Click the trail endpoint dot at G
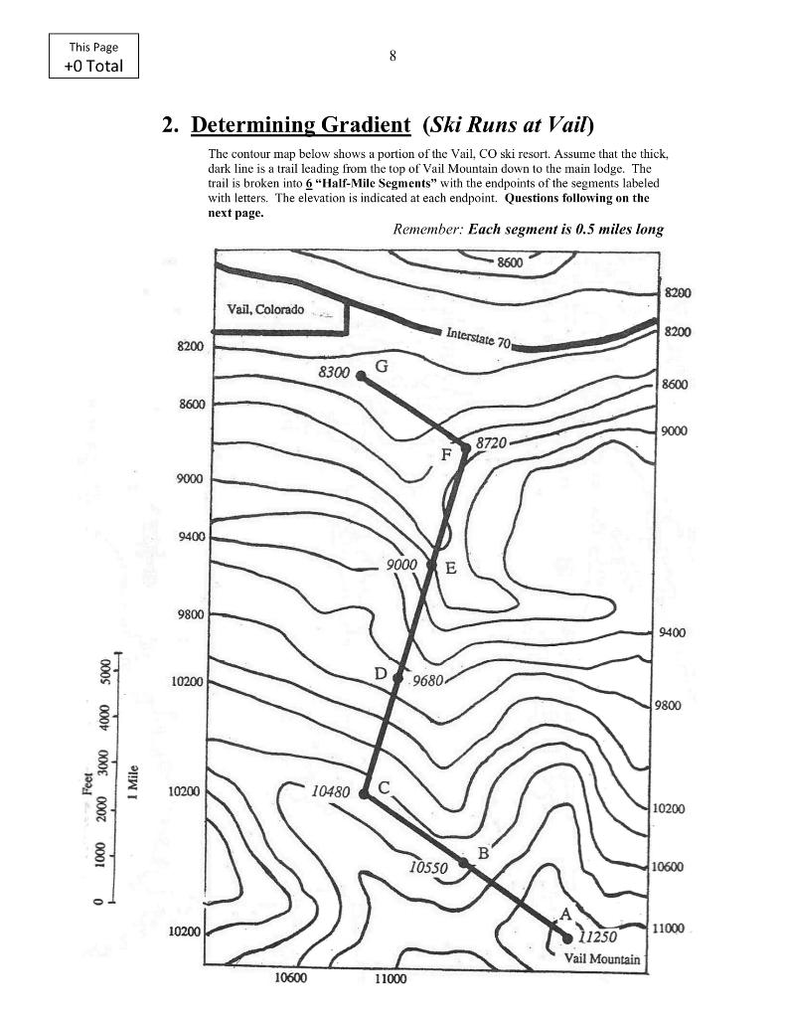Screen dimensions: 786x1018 (361, 376)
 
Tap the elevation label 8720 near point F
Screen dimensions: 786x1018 (491, 442)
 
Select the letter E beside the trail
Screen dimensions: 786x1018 (450, 569)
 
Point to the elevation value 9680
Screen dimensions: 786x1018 (427, 680)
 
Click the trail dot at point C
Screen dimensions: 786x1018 (364, 794)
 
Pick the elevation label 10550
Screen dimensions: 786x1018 (428, 867)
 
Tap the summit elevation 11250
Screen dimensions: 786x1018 (597, 936)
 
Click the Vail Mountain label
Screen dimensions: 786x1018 (601, 959)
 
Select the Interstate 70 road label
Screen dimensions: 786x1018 (478, 338)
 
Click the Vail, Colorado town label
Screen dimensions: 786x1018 (265, 309)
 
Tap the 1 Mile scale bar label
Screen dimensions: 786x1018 (133, 782)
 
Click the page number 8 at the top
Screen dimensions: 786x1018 (393, 56)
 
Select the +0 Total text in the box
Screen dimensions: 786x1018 (93, 66)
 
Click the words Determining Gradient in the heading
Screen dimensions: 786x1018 (300, 124)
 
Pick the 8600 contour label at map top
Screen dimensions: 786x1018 (510, 262)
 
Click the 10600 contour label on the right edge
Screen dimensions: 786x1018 (667, 867)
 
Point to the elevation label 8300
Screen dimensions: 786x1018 (334, 373)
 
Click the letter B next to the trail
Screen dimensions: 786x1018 (484, 853)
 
